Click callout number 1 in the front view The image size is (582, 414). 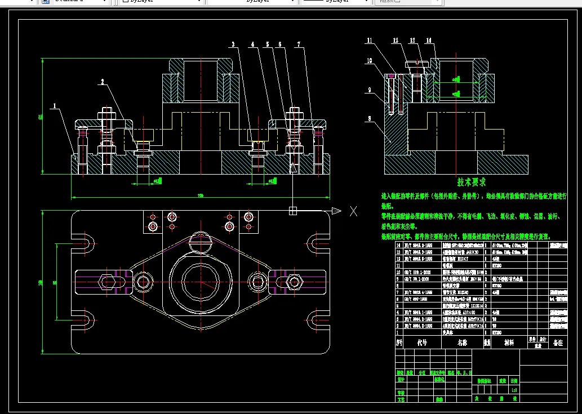pyautogui.click(x=54, y=105)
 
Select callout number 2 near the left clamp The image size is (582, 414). pyautogui.click(x=103, y=82)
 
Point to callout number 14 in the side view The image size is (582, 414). pyautogui.click(x=429, y=41)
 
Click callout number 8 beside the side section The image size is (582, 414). pyautogui.click(x=369, y=119)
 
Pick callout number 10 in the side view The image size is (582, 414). pyautogui.click(x=370, y=60)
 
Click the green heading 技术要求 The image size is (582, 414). pyautogui.click(x=472, y=182)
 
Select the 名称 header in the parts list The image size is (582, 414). pyautogui.click(x=463, y=342)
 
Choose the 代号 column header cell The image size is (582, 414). pyautogui.click(x=422, y=342)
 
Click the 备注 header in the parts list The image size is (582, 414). pyautogui.click(x=558, y=342)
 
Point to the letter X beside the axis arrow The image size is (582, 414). pyautogui.click(x=354, y=211)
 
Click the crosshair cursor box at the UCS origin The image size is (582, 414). pyautogui.click(x=292, y=211)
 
